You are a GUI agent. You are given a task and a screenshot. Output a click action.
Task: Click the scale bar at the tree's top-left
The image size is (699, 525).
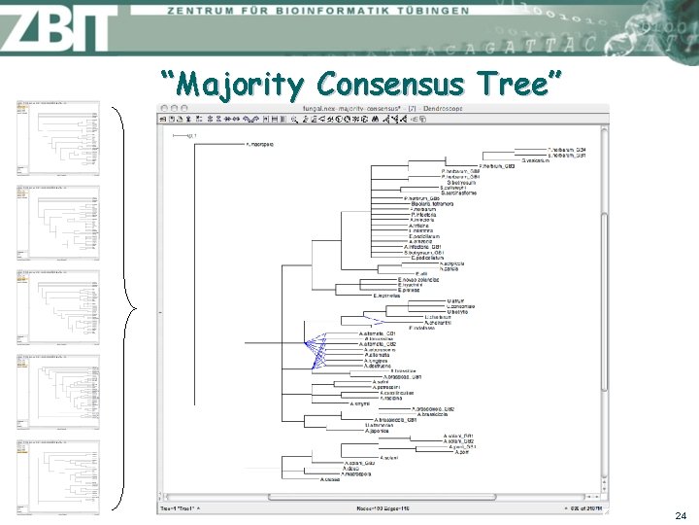185,136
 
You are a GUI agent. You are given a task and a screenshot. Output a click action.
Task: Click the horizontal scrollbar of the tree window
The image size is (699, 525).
379,498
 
